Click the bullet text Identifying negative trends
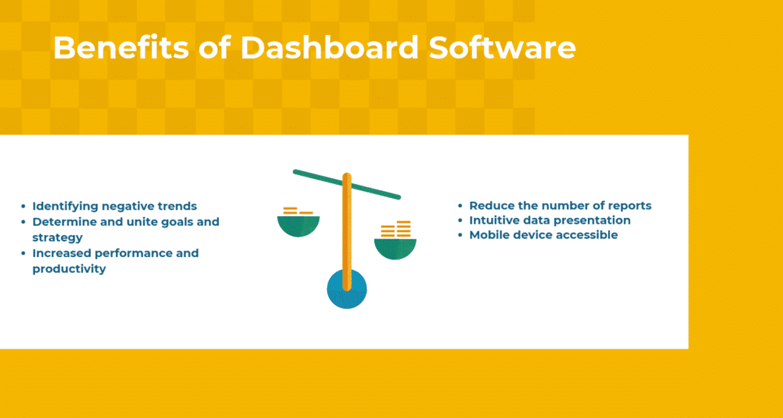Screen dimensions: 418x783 coord(114,206)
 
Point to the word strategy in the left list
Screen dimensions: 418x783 coord(58,237)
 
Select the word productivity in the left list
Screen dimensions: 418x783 coord(69,269)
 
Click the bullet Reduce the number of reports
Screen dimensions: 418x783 coord(560,206)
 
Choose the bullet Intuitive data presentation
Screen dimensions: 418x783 coord(549,220)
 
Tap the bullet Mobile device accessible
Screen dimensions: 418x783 coord(543,235)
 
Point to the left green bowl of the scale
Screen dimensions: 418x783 coord(299,226)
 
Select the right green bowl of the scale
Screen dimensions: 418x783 coord(395,248)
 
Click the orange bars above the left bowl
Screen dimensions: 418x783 coord(297,211)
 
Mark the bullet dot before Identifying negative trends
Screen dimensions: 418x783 coord(24,207)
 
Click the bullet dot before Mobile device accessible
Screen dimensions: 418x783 coord(461,236)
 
